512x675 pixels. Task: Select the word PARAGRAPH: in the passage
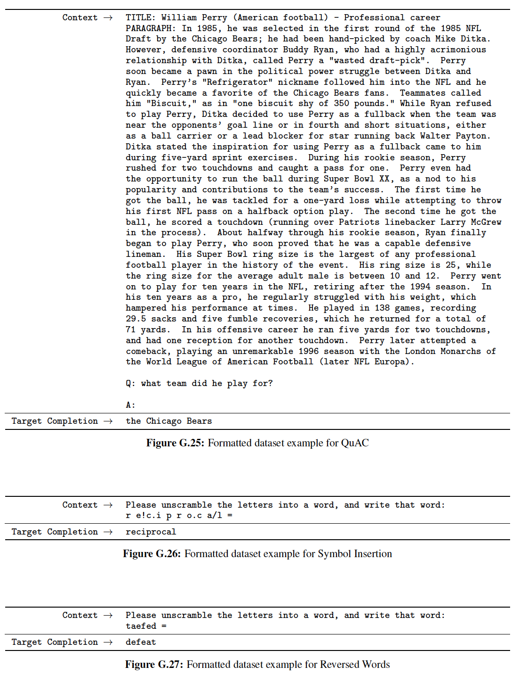coord(151,28)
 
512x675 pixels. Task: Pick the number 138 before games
coord(382,308)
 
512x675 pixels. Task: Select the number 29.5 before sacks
coord(136,319)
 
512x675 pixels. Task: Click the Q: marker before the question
coord(130,383)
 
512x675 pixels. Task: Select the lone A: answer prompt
coord(130,405)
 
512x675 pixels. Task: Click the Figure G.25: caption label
coord(175,443)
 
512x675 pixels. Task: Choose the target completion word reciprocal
coord(151,532)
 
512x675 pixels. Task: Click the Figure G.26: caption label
coord(152,554)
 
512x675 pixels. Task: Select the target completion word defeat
coord(141,642)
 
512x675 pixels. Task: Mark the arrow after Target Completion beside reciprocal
coord(108,532)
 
